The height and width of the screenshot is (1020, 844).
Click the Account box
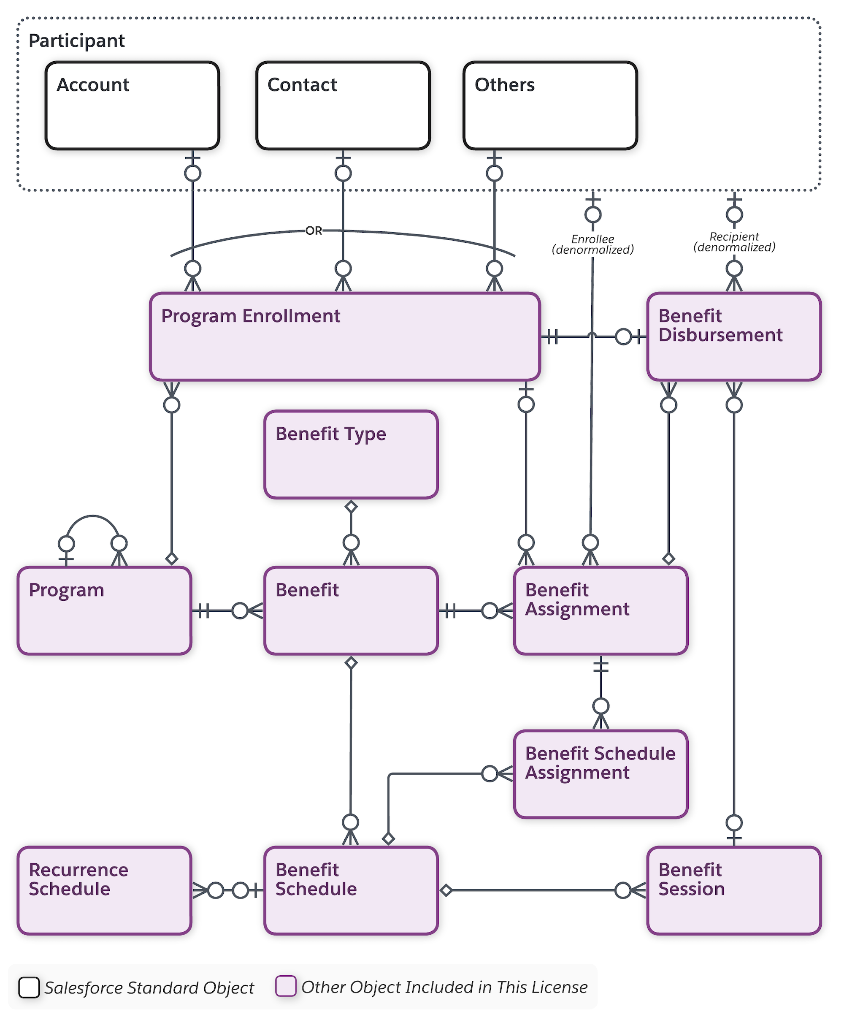[x=132, y=106]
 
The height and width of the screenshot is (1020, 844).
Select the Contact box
[x=343, y=106]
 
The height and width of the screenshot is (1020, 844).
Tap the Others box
[x=550, y=106]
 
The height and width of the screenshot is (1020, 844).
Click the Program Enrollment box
[x=345, y=336]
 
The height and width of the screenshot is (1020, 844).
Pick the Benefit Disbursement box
[x=733, y=336]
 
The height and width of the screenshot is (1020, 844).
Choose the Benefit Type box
[x=351, y=454]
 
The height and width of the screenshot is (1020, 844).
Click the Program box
[x=104, y=610]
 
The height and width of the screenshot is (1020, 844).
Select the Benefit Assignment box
[x=600, y=610]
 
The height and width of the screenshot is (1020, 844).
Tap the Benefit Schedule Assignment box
[x=600, y=774]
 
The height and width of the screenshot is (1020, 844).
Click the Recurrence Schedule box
[x=104, y=890]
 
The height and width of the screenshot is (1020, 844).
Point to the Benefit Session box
[x=733, y=890]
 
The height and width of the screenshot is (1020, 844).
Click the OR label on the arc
[x=314, y=231]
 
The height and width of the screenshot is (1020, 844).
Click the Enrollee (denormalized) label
[x=592, y=244]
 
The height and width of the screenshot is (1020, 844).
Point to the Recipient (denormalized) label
[x=734, y=242]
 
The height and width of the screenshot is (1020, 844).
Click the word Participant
[x=77, y=41]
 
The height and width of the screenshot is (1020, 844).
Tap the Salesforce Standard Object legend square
[x=29, y=987]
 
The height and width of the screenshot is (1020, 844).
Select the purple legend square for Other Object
[x=286, y=986]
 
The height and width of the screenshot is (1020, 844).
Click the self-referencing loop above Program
[x=92, y=517]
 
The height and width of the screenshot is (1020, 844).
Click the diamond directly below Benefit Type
[x=351, y=507]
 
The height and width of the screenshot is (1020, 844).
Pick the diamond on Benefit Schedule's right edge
[x=446, y=890]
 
